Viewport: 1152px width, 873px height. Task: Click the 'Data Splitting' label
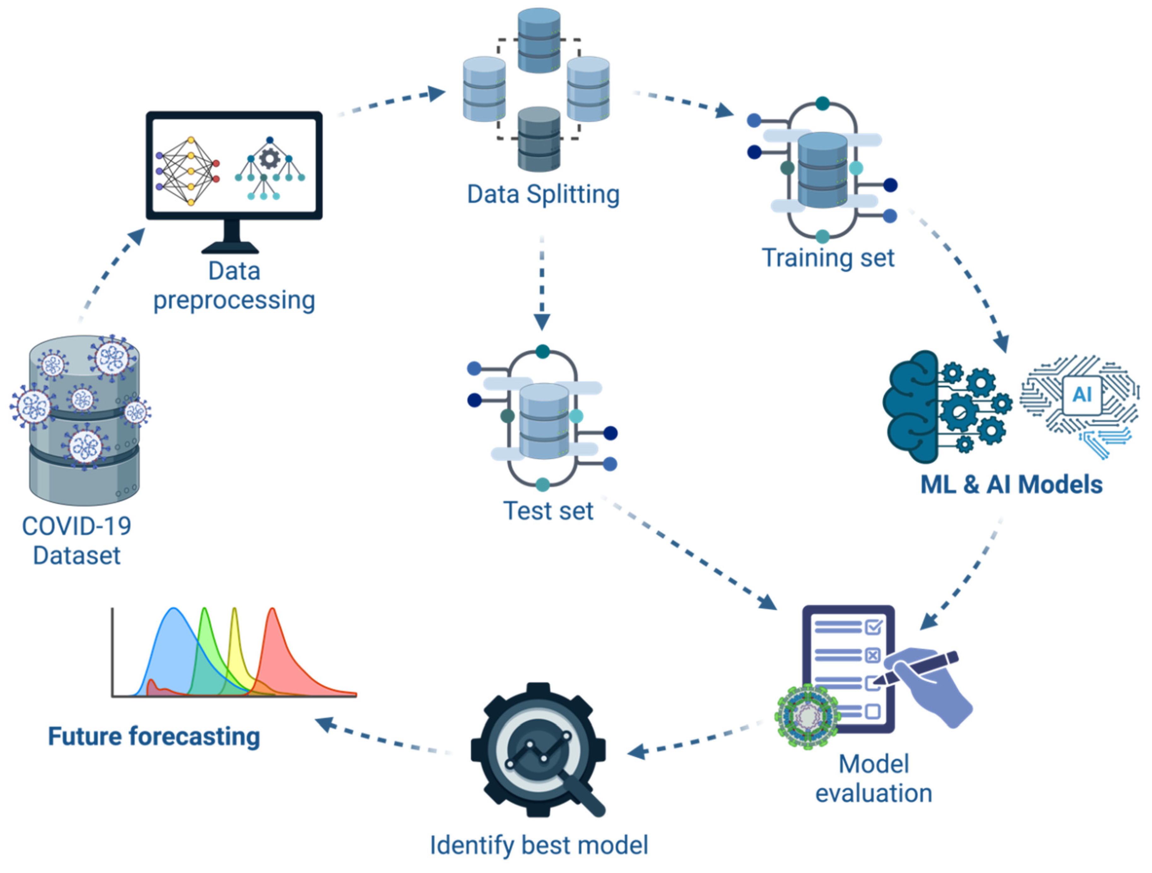[543, 195]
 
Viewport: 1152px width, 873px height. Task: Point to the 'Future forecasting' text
[154, 736]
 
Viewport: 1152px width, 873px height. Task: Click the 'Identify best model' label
[539, 845]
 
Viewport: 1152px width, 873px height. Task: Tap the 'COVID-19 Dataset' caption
[77, 541]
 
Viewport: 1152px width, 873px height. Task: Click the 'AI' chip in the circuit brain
[1082, 394]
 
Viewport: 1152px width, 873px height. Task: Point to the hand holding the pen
[932, 687]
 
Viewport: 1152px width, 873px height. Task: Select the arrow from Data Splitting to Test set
[542, 284]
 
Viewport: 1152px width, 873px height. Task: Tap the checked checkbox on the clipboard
[873, 627]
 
